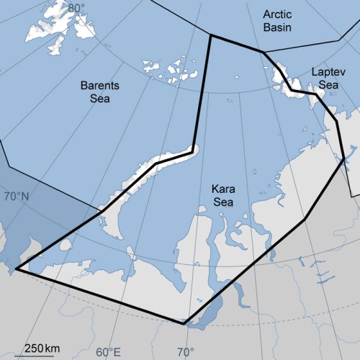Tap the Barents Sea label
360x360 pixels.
[100, 91]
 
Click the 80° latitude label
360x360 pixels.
[76, 8]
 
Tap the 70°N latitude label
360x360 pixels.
[17, 197]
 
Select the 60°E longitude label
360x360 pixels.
[108, 352]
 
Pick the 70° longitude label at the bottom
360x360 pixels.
[185, 352]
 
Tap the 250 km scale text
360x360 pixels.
[42, 348]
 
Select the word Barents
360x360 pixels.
[100, 85]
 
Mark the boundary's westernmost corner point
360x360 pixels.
[16, 270]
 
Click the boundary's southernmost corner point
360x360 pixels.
[184, 323]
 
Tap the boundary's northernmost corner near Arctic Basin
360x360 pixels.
[210, 34]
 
